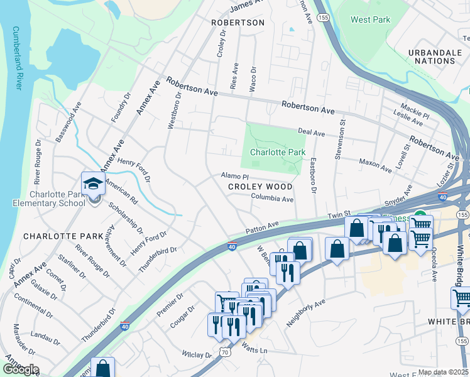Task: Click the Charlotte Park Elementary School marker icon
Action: [x=93, y=184]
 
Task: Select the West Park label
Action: [x=370, y=19]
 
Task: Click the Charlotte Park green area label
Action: [x=278, y=152]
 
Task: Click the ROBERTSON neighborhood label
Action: [x=238, y=23]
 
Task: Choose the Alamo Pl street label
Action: [x=235, y=177]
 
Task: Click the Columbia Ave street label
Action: [x=273, y=199]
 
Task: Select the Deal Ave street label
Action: [x=311, y=133]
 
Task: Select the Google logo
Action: [x=21, y=369]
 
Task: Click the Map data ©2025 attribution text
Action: [x=442, y=372]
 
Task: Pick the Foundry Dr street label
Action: [x=121, y=107]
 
